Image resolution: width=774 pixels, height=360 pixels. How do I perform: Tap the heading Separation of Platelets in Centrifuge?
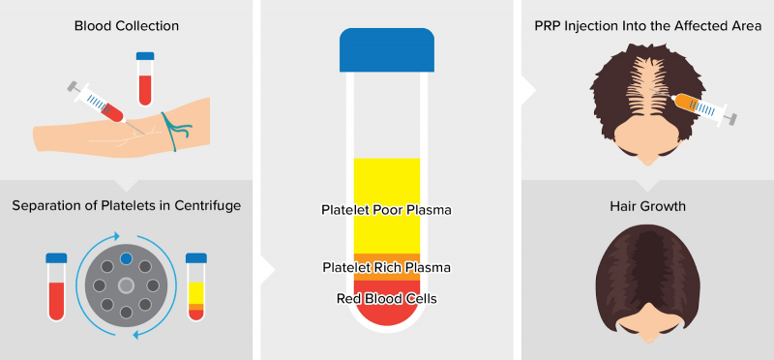126,206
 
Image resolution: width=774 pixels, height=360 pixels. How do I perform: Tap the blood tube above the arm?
145,79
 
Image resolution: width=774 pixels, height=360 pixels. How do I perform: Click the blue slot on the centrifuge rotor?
126,258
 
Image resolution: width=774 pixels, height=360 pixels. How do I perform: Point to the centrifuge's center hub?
126,286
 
